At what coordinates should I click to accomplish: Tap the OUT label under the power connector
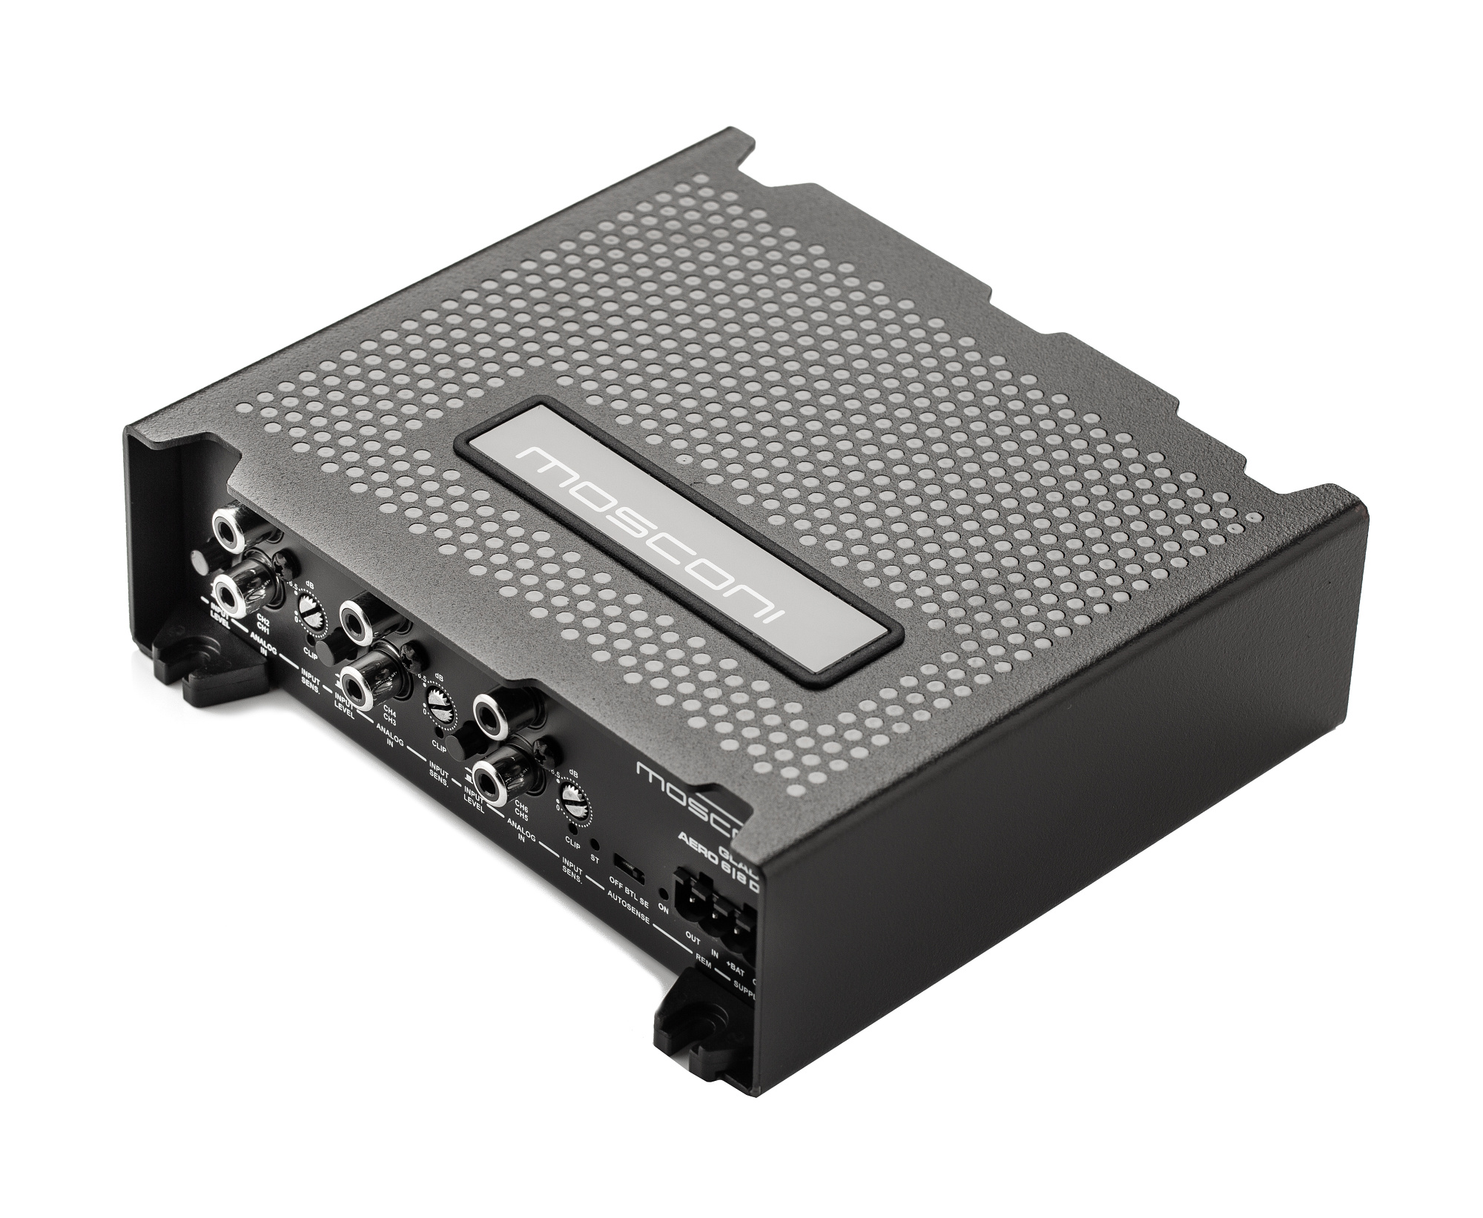pyautogui.click(x=693, y=937)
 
